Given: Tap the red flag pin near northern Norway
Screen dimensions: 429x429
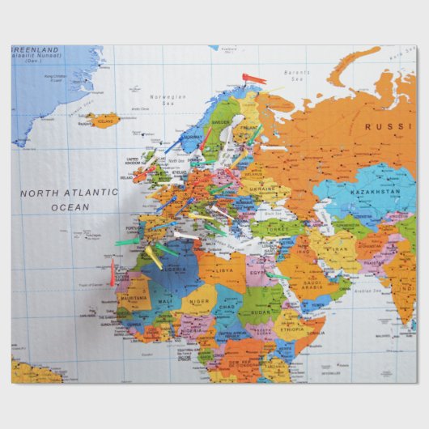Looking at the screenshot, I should click(253, 79).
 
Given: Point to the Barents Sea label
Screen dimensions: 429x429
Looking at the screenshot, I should click(299, 75).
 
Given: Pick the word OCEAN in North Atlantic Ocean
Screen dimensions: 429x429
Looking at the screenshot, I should click(70, 207).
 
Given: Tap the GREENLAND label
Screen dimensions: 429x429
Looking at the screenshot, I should click(35, 49).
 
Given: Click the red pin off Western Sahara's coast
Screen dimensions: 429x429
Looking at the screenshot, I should click(113, 271).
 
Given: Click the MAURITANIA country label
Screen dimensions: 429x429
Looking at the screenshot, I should click(133, 296).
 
